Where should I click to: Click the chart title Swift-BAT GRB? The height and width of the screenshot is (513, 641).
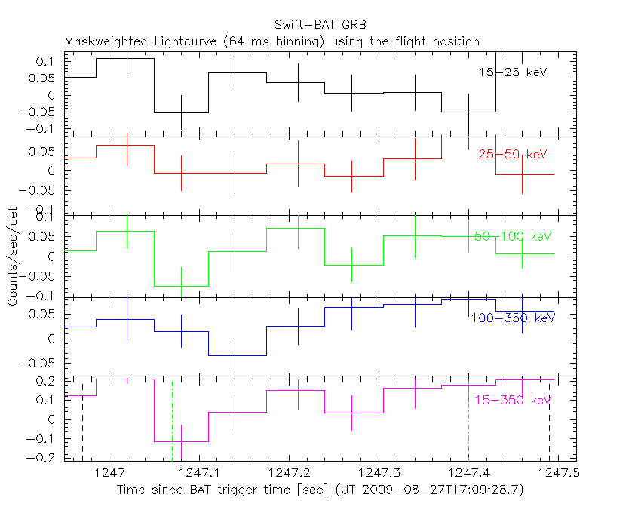[x=320, y=26]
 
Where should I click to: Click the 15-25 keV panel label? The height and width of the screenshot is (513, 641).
[x=512, y=72]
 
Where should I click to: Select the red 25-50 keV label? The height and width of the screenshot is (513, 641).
[x=512, y=154]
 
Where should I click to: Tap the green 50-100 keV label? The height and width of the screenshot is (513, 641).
[x=514, y=236]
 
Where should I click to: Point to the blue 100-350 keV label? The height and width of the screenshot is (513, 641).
[x=512, y=318]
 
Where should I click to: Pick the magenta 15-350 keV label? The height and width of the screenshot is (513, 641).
[x=512, y=399]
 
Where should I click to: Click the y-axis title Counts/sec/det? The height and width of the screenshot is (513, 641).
[x=12, y=256]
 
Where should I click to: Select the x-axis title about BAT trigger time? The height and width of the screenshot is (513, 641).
[x=320, y=490]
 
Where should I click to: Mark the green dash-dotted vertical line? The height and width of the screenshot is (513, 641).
[x=173, y=421]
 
